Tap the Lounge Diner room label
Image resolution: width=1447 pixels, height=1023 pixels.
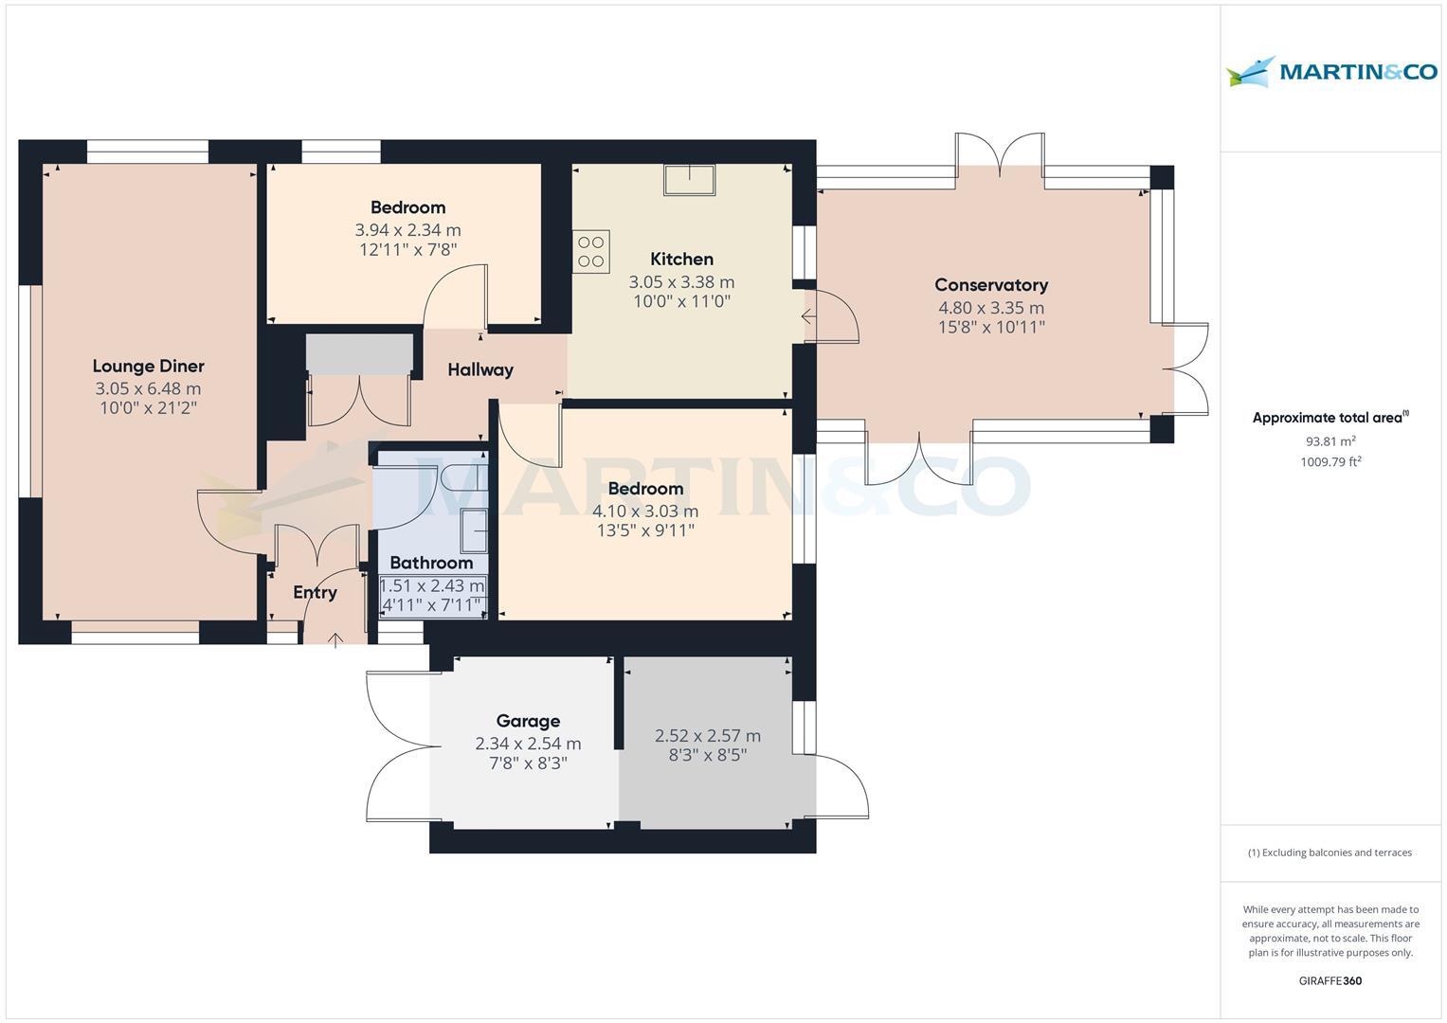(148, 367)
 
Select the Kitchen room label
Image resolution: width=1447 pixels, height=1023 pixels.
(681, 260)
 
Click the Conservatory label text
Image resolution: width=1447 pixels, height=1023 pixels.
(990, 285)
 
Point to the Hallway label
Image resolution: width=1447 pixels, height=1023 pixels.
(480, 370)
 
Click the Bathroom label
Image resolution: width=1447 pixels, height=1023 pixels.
(431, 563)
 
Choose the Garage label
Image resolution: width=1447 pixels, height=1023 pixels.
(528, 722)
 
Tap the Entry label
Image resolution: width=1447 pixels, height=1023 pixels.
(315, 593)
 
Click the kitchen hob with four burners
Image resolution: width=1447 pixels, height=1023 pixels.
(590, 251)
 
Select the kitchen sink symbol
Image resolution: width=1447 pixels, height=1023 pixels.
(689, 179)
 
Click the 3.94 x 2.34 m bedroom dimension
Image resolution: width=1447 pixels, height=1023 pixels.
(407, 230)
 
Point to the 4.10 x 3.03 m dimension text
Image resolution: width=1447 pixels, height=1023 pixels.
(645, 511)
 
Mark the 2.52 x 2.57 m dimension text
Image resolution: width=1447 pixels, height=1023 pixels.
(708, 736)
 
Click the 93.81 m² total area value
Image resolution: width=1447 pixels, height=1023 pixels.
(1330, 441)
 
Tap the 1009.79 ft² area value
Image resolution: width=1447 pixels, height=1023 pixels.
(1330, 462)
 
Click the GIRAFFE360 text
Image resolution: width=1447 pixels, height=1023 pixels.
(1330, 980)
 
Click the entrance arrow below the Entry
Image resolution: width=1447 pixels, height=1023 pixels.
(335, 641)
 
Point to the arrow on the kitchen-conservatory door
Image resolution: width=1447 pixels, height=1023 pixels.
(808, 317)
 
